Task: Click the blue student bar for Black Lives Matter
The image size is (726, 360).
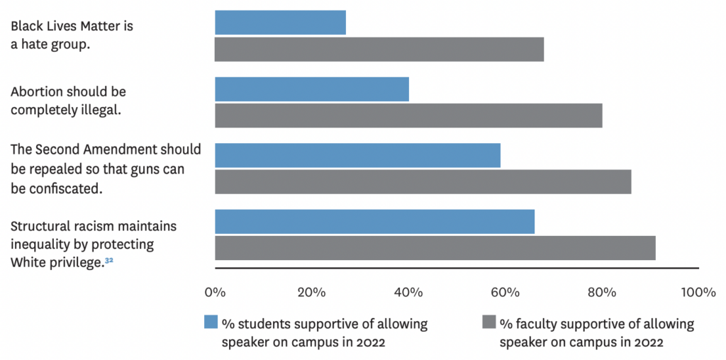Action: [x=280, y=23]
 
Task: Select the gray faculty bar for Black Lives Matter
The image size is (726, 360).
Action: [x=379, y=50]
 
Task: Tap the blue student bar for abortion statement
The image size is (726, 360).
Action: [x=312, y=89]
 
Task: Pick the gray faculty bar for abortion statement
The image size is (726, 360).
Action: [x=408, y=116]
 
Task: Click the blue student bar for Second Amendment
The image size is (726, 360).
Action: [x=357, y=155]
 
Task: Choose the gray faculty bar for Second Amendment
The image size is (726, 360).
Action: [x=423, y=181]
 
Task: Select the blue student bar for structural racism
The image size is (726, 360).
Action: [x=374, y=221]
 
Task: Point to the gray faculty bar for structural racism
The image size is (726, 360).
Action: [x=435, y=248]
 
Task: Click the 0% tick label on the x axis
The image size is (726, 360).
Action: [x=215, y=293]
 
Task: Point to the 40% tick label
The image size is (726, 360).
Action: [x=408, y=293]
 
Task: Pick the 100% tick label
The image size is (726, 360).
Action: [x=698, y=293]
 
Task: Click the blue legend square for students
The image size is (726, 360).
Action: [x=211, y=322]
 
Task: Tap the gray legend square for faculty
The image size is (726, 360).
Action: [x=488, y=322]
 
